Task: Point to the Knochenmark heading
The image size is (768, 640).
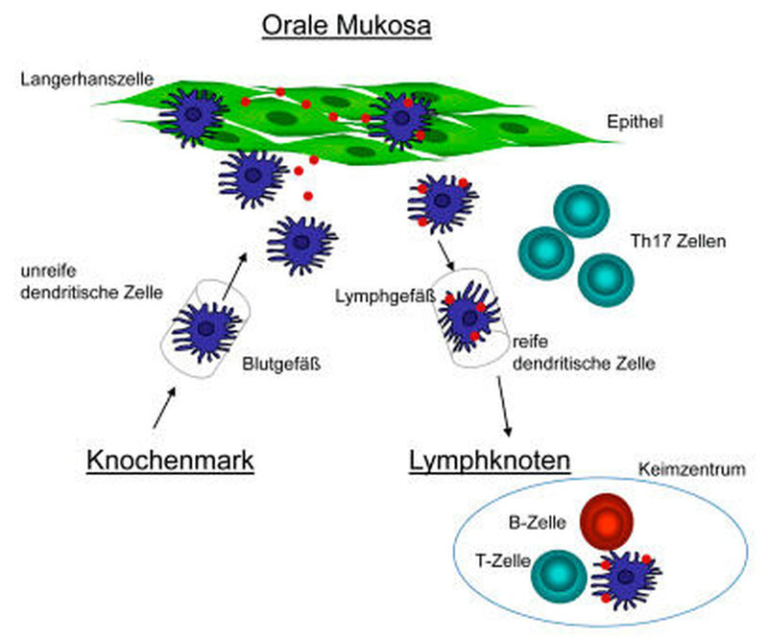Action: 170,460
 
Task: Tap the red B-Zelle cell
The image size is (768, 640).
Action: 607,524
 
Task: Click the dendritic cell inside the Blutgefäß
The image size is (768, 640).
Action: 204,330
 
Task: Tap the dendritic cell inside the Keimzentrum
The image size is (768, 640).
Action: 626,576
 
